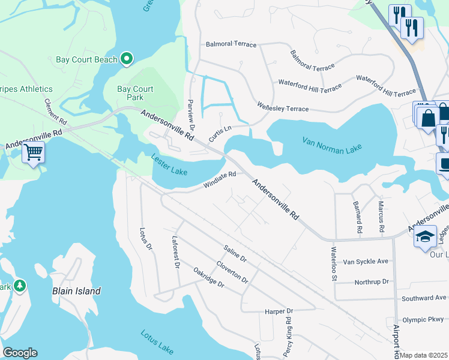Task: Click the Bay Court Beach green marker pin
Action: (x=127, y=59)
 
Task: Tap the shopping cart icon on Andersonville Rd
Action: (x=34, y=152)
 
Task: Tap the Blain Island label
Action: (x=76, y=291)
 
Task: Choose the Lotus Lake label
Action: (x=157, y=340)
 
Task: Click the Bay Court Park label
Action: (x=135, y=93)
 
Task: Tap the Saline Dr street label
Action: (x=235, y=253)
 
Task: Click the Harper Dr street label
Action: (x=279, y=311)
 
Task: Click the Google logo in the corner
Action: (x=20, y=353)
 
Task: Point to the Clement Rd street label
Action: (x=55, y=112)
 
